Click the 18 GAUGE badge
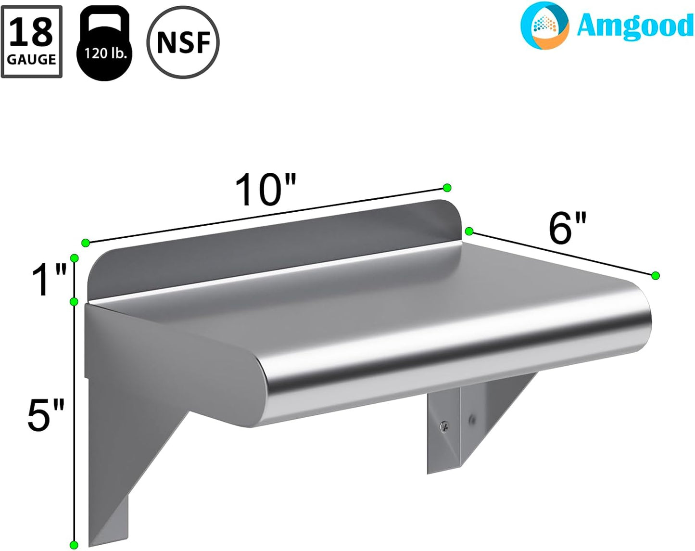[32, 42]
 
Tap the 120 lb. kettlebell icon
[104, 45]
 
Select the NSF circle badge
[183, 42]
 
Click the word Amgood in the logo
[634, 26]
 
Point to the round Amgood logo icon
[544, 26]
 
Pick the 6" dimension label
[568, 228]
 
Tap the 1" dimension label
[49, 280]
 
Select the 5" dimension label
[46, 415]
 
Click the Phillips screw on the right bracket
[444, 426]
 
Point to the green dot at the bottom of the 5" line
[74, 545]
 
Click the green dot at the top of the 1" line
[74, 258]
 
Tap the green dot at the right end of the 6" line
[655, 276]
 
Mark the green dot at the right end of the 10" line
[447, 188]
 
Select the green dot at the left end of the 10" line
[86, 243]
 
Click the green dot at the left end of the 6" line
[469, 231]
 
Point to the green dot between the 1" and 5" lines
[74, 302]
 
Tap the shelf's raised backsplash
[269, 250]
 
